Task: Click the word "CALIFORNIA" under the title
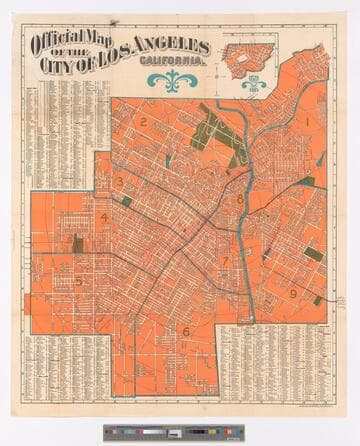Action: (x=171, y=59)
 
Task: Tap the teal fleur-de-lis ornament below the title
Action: (x=175, y=81)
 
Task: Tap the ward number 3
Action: (x=120, y=181)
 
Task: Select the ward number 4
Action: (x=104, y=217)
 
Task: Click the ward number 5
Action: (x=79, y=282)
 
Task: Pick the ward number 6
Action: (x=185, y=331)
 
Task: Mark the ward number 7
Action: (x=226, y=261)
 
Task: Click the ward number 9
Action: (x=293, y=293)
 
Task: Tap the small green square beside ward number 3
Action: (x=126, y=201)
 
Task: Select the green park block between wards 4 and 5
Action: (x=78, y=243)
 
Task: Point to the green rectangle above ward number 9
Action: (x=314, y=254)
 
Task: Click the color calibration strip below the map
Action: (x=180, y=433)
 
